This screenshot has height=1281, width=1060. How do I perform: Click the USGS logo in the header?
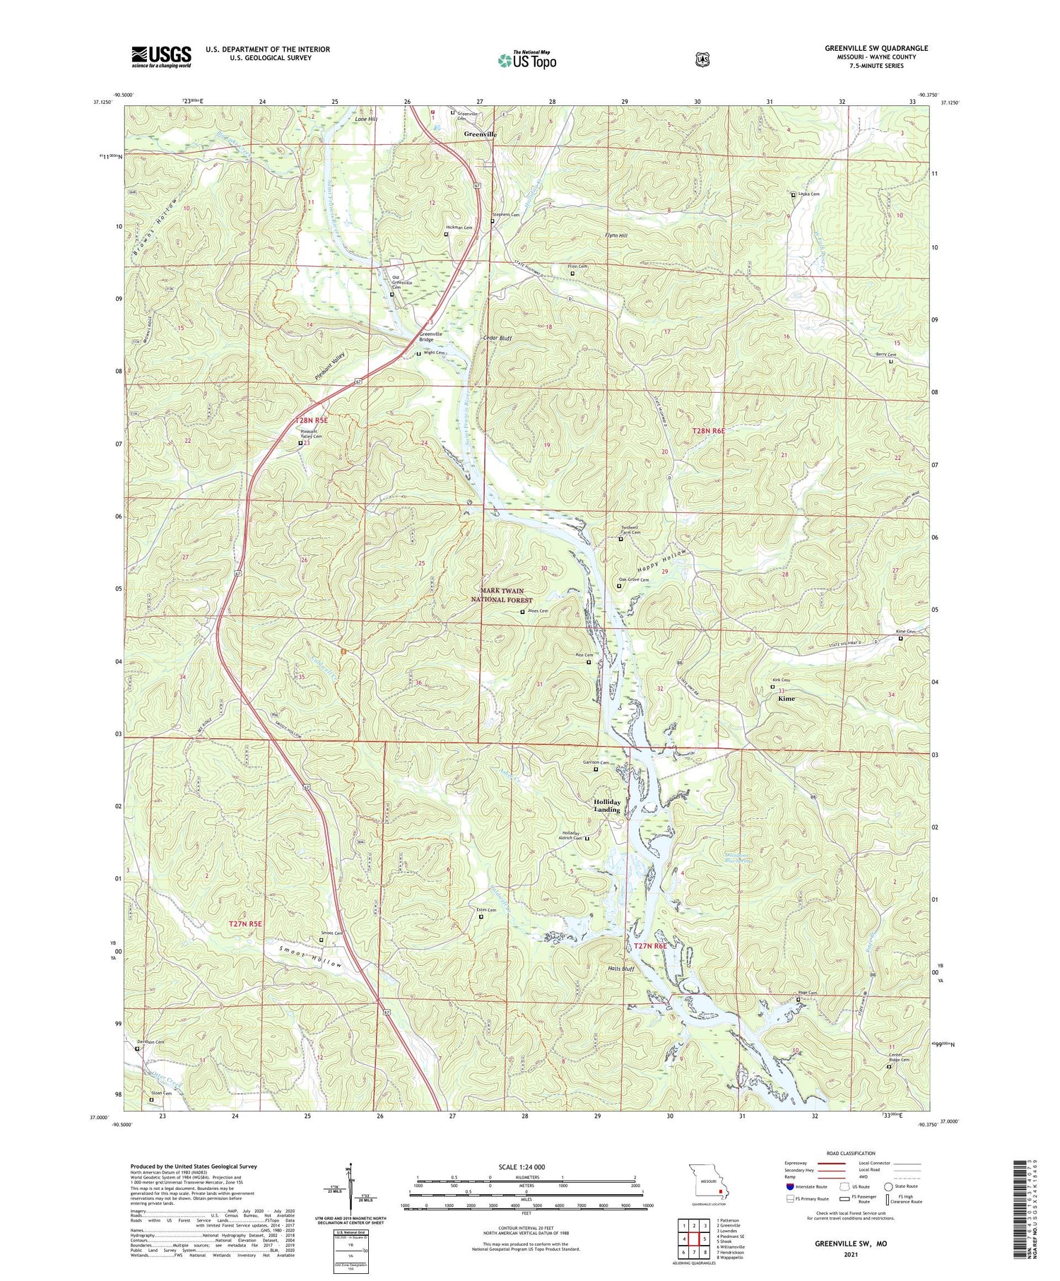[x=160, y=57]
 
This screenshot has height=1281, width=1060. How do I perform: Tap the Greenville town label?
[x=480, y=134]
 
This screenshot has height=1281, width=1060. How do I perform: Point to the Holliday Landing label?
[x=607, y=805]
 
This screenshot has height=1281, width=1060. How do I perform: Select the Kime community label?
[x=786, y=698]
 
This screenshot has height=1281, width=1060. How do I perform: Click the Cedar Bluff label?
[x=496, y=338]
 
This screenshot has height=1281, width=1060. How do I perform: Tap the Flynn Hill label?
[x=616, y=235]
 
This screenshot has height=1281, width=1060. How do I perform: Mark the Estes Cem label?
[x=487, y=910]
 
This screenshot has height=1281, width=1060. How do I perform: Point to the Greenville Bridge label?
[x=430, y=336]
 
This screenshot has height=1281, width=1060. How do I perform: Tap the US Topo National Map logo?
[x=526, y=60]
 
